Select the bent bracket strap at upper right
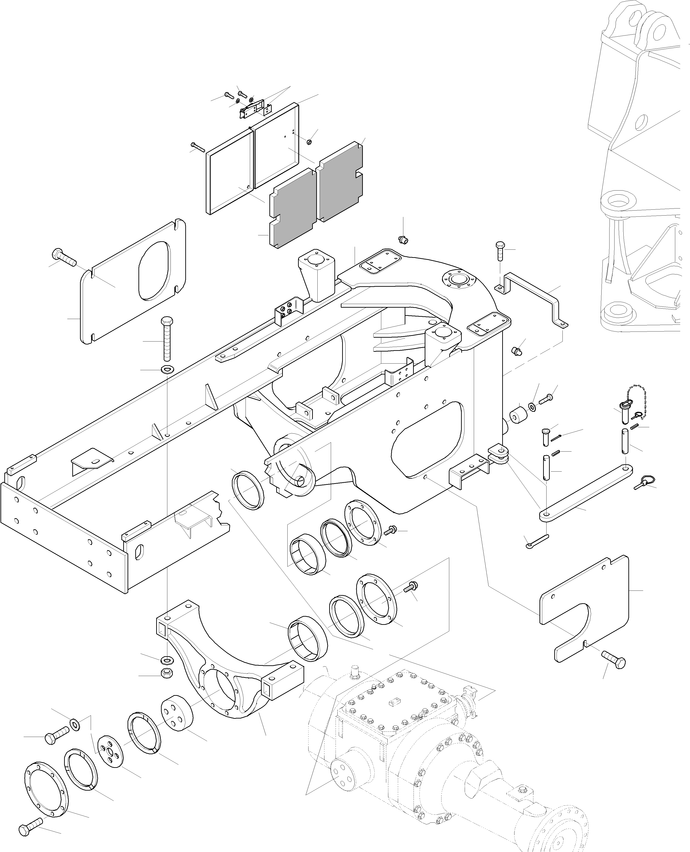pos(534,296)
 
